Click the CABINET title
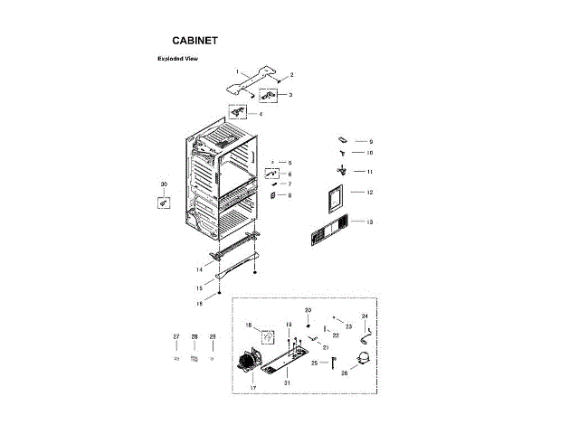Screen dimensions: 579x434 [x=195, y=41]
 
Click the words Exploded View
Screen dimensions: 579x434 [x=177, y=59]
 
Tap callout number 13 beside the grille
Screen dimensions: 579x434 [x=370, y=222]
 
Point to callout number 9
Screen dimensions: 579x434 [x=370, y=142]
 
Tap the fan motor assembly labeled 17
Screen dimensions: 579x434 [x=247, y=359]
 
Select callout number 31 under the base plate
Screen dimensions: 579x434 [x=287, y=382]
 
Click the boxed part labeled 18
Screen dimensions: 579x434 [x=267, y=337]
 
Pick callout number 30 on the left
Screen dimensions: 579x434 [x=164, y=184]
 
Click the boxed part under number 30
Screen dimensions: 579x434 [x=164, y=203]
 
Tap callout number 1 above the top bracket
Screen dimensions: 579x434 [x=237, y=71]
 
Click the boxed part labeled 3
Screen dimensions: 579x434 [x=270, y=94]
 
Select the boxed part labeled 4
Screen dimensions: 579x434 [x=238, y=113]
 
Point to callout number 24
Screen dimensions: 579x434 [x=365, y=316]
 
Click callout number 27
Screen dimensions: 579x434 [x=176, y=336]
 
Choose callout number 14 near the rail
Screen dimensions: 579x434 [x=198, y=269]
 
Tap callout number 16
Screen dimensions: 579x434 [x=198, y=304]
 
